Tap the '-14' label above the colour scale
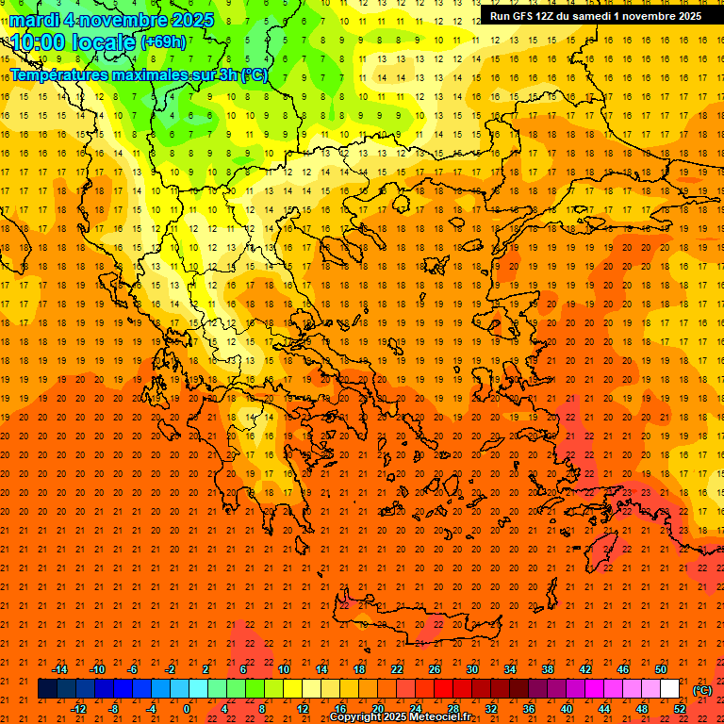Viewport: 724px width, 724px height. point(58,669)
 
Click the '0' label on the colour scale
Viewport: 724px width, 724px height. point(187,709)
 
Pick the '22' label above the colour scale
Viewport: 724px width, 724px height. point(397,669)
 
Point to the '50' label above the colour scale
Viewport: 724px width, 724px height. point(661,669)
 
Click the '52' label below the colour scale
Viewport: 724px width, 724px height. point(680,709)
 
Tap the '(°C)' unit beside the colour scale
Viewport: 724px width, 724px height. point(702,690)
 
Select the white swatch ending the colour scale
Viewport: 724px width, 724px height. point(669,689)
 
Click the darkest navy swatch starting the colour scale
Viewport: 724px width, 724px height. point(47,689)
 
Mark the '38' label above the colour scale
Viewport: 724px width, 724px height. point(548,669)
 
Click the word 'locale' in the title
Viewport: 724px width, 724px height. point(102,42)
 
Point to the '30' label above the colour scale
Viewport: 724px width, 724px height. point(472,669)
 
